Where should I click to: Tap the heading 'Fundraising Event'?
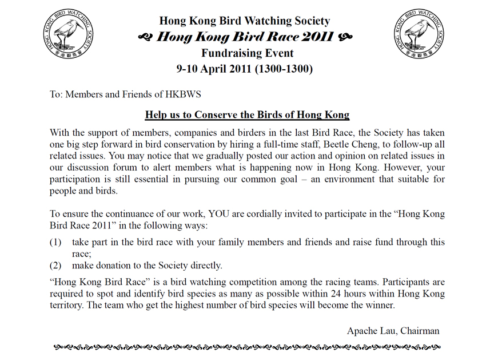coord(247,53)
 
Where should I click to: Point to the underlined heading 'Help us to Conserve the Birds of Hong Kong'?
coord(247,114)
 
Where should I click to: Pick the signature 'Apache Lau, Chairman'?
coord(393,331)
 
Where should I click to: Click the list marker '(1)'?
coord(56,242)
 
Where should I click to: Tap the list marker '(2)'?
coord(56,266)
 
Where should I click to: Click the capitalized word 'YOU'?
coord(220,215)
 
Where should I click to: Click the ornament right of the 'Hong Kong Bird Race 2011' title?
coord(345,37)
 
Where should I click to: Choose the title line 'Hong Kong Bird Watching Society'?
coord(245,21)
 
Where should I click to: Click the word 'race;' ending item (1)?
coord(82,254)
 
